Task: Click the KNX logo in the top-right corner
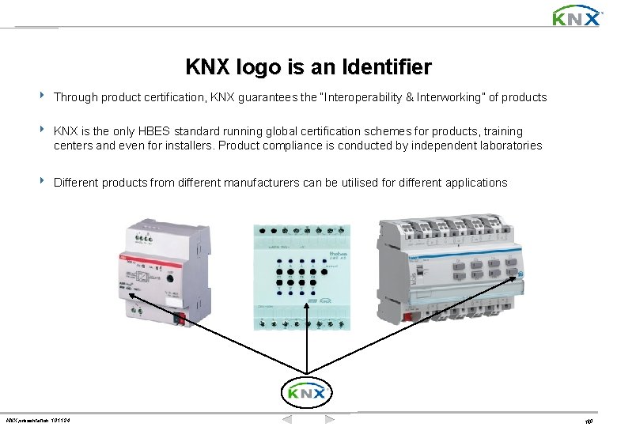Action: [575, 16]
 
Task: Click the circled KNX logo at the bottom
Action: [306, 393]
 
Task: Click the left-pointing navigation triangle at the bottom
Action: [289, 419]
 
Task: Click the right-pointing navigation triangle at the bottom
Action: [330, 419]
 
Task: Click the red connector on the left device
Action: [180, 319]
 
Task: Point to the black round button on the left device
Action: [169, 278]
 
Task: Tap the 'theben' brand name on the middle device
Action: [335, 255]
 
